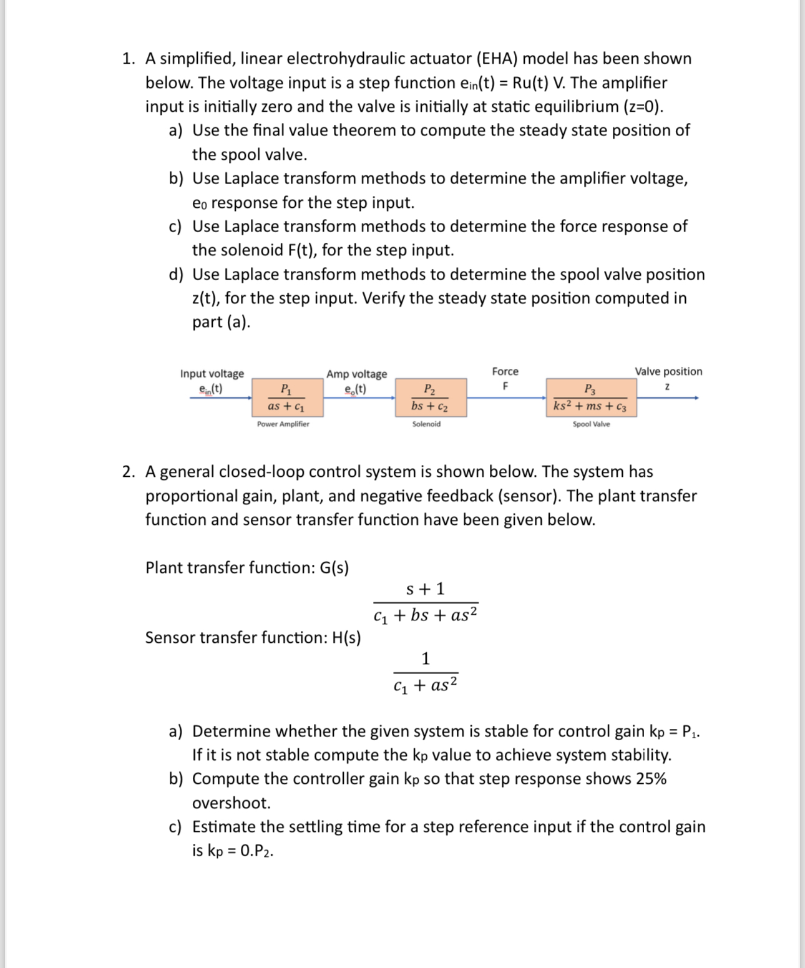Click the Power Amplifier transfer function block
(x=286, y=398)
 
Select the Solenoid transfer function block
(x=430, y=398)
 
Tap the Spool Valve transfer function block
(x=591, y=398)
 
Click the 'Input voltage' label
(x=212, y=373)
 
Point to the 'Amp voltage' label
(x=356, y=374)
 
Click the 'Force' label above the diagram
(x=505, y=371)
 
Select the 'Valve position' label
(x=668, y=371)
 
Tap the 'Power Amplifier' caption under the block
(x=283, y=424)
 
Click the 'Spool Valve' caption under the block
(x=591, y=424)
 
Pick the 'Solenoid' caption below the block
(x=426, y=424)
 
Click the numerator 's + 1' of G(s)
(x=425, y=589)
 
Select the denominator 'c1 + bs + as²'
(x=426, y=615)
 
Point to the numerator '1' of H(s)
(x=426, y=658)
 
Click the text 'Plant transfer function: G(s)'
(x=247, y=567)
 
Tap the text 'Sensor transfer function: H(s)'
(x=253, y=637)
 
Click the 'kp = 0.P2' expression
(x=240, y=851)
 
